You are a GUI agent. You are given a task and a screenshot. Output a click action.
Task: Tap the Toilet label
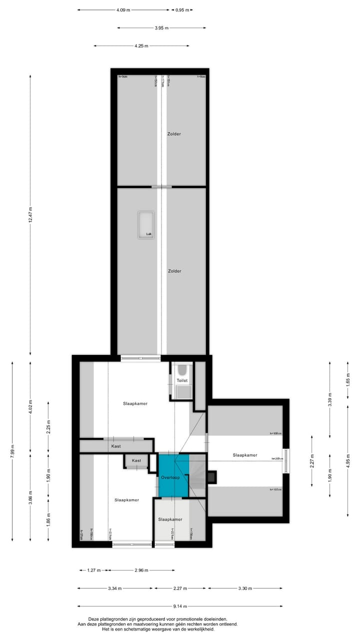click(182, 380)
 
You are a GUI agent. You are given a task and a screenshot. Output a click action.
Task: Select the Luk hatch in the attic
click(146, 224)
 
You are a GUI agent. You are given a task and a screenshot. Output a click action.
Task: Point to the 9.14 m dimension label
click(180, 606)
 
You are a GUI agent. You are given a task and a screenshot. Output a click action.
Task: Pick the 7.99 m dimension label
click(12, 450)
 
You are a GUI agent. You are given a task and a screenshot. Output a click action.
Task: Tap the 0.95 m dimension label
click(182, 9)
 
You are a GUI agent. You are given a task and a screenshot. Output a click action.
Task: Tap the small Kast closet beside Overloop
click(136, 460)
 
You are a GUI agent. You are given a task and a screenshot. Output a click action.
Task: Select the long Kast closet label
click(116, 445)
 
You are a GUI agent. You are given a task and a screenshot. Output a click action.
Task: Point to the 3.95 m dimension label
click(161, 28)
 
